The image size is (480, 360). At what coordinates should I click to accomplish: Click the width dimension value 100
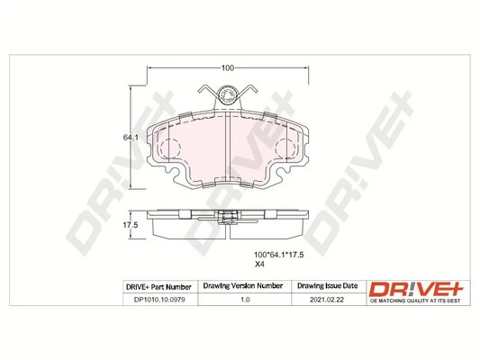tap(228, 67)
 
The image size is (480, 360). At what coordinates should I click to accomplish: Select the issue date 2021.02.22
tap(325, 301)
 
